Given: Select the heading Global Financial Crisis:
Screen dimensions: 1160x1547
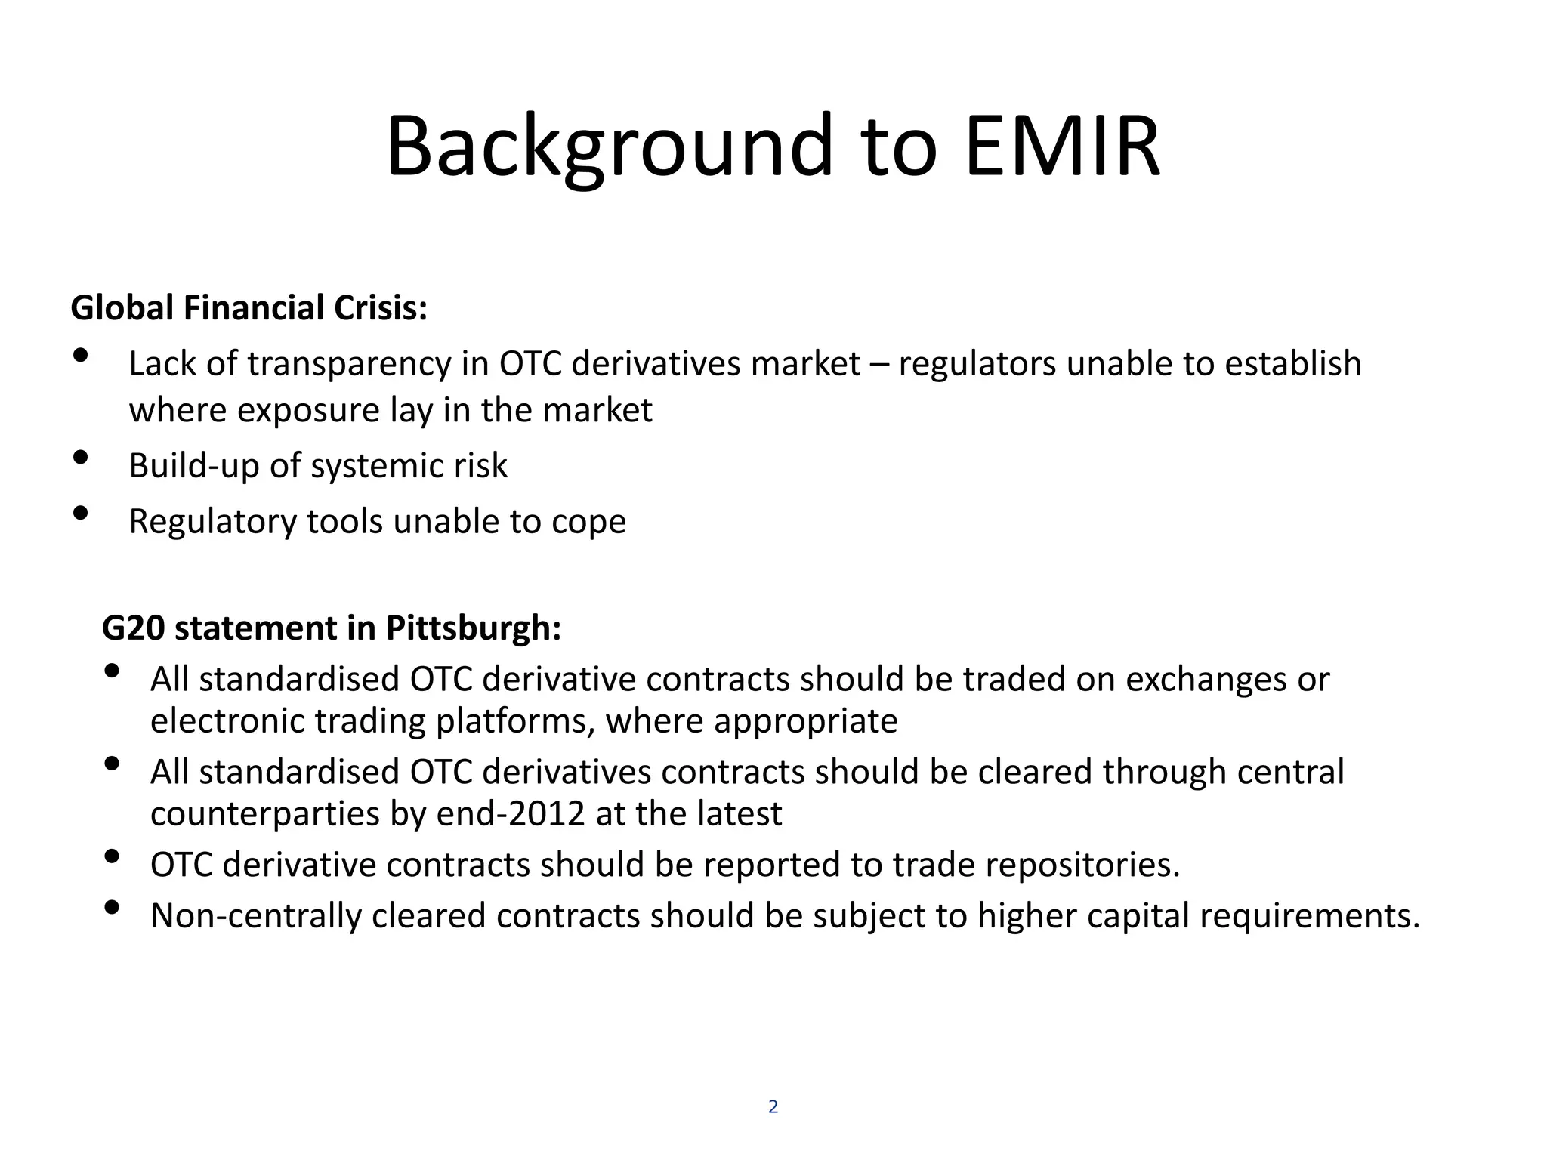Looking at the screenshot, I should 249,308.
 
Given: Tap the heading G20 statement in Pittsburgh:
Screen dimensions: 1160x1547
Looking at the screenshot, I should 332,628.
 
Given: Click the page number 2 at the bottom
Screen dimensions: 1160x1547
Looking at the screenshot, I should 773,1107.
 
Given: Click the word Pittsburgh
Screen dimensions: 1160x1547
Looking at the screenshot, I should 474,628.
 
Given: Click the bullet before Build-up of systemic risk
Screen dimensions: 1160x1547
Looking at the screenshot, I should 81,458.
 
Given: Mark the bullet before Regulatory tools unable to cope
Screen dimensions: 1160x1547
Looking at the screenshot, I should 81,514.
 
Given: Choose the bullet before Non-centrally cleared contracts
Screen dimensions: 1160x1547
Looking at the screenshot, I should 112,908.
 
